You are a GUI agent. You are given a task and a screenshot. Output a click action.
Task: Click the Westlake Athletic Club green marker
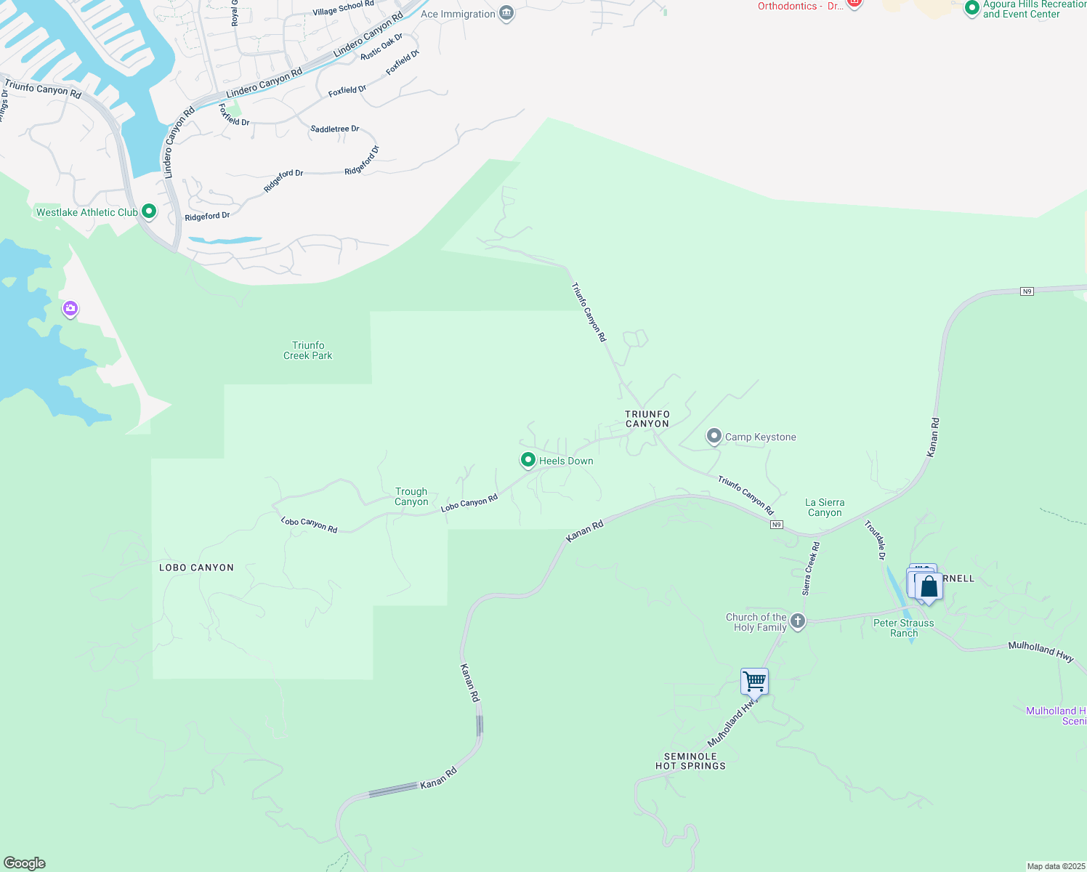click(149, 211)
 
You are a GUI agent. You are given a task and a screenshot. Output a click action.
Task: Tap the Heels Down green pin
click(528, 460)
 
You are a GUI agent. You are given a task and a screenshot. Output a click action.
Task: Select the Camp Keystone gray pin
click(714, 436)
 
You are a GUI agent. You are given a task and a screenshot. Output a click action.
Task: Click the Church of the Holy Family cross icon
click(798, 621)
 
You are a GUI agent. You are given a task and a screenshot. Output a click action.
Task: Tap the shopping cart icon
click(755, 682)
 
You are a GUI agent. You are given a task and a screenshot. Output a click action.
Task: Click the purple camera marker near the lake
click(70, 309)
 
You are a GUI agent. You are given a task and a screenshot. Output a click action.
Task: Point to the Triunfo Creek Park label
click(308, 350)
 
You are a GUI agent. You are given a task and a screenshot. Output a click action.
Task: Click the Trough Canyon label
click(411, 496)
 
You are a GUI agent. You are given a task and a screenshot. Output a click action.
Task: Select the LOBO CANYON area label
click(196, 568)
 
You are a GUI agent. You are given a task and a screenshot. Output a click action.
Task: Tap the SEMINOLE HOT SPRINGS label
click(690, 761)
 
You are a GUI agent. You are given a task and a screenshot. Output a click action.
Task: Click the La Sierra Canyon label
click(825, 507)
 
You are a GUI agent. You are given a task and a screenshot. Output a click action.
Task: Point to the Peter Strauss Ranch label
click(904, 628)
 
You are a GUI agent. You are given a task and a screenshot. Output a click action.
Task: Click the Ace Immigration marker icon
click(506, 14)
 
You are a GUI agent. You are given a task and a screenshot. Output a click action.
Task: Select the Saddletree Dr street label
click(335, 129)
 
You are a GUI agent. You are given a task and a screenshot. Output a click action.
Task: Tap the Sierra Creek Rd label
click(811, 568)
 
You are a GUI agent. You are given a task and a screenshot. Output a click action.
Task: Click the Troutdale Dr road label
click(875, 540)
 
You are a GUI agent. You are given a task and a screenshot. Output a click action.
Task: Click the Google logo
click(25, 863)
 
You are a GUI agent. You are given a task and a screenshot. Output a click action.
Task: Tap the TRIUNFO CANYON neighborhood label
click(647, 419)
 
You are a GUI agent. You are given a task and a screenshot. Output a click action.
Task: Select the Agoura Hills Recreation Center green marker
click(971, 9)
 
